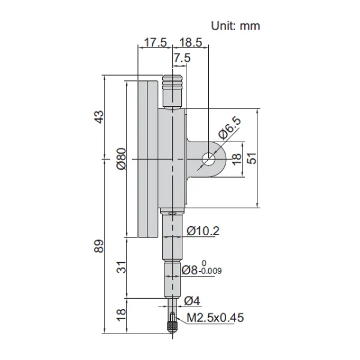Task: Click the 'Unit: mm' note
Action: pos(235,26)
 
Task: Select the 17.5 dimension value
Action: pos(155,43)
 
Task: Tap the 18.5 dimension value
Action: pos(191,43)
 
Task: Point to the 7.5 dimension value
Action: pos(182,58)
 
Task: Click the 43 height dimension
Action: pos(100,117)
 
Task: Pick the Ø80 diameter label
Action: pos(121,159)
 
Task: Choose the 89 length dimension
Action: pos(99,247)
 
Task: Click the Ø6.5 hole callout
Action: pos(230,128)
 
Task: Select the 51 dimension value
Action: pos(252,158)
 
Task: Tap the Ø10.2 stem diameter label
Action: pos(203,231)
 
